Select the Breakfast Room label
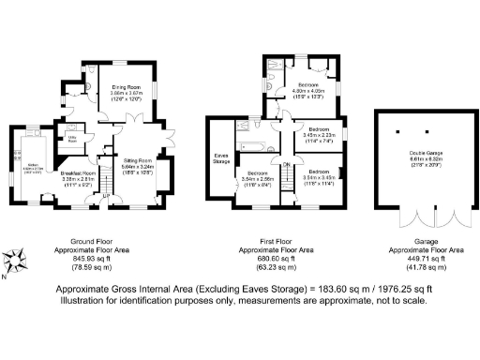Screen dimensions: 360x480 (79, 173)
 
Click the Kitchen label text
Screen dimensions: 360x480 (32, 165)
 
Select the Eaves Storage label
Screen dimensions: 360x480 (222, 158)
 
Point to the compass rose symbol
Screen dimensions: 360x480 (14, 260)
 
